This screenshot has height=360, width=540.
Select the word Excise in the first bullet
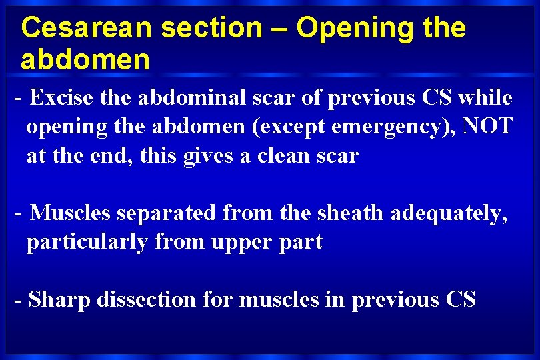click(x=62, y=98)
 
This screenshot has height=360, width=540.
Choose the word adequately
click(x=449, y=214)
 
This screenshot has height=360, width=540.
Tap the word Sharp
click(x=60, y=301)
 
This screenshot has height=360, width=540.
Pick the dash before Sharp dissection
click(x=19, y=301)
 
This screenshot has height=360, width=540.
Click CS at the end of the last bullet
click(x=461, y=300)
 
